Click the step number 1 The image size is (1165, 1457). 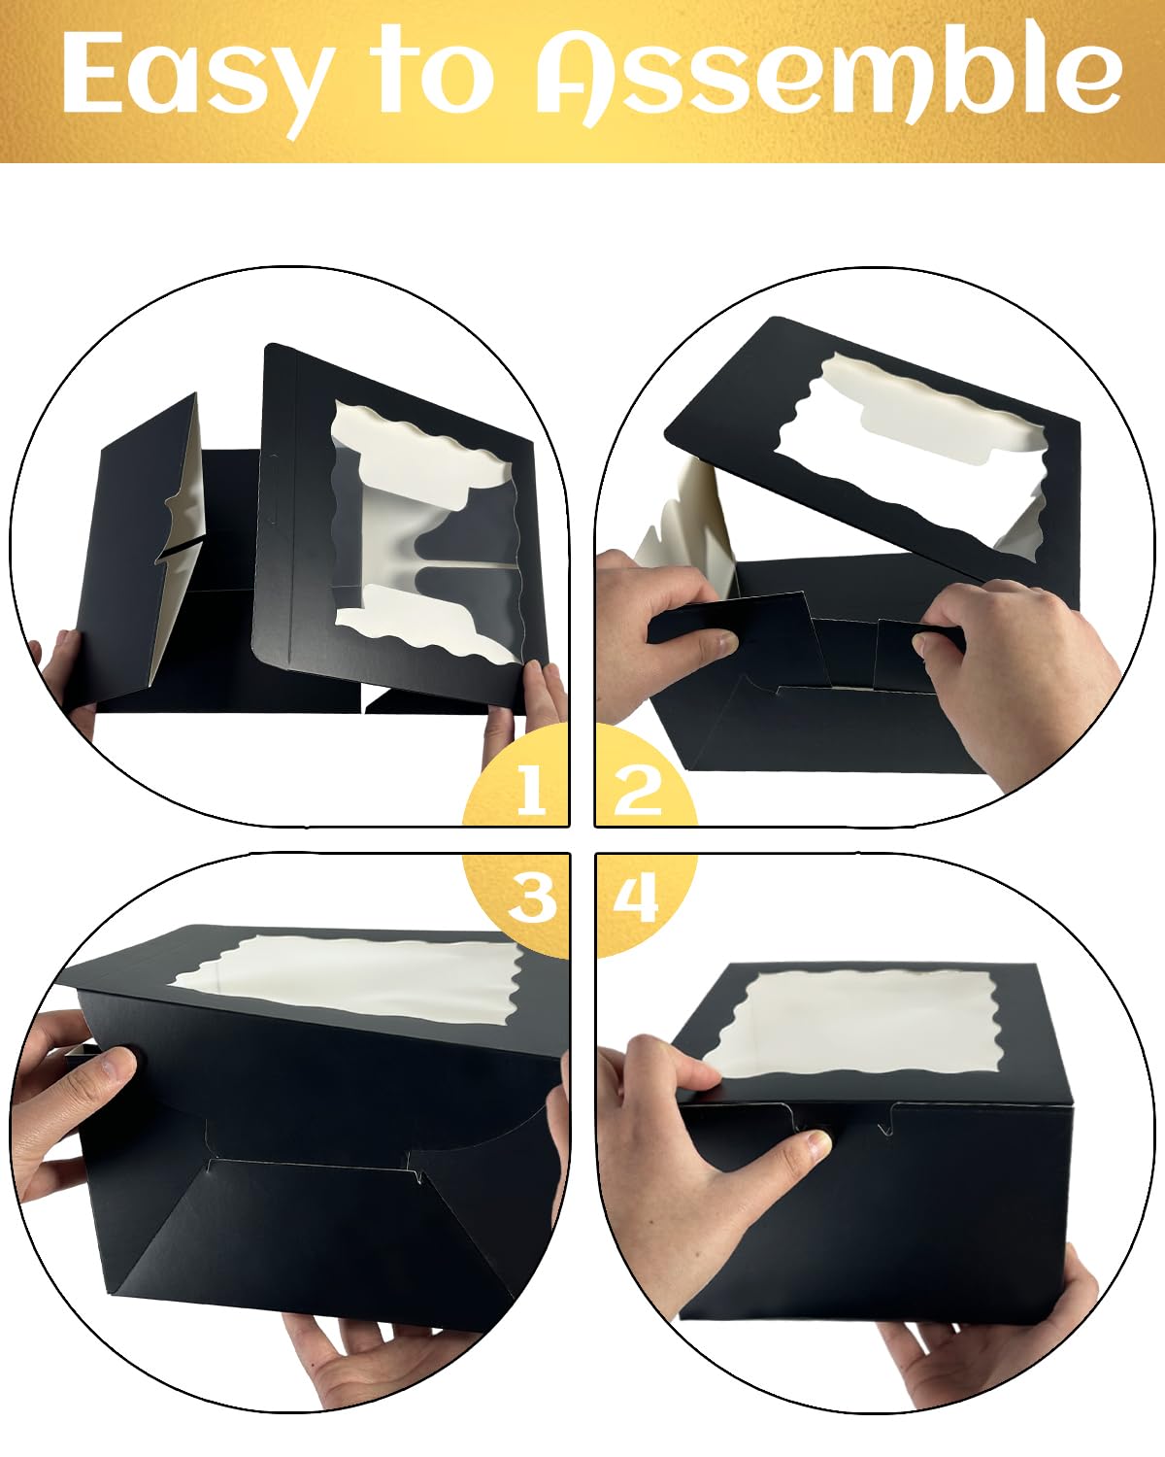[530, 790]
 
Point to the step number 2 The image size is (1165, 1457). [637, 790]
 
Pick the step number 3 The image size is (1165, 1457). [533, 898]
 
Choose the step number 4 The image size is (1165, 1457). [636, 898]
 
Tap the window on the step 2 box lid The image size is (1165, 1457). [911, 457]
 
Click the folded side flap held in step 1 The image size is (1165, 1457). [146, 552]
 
